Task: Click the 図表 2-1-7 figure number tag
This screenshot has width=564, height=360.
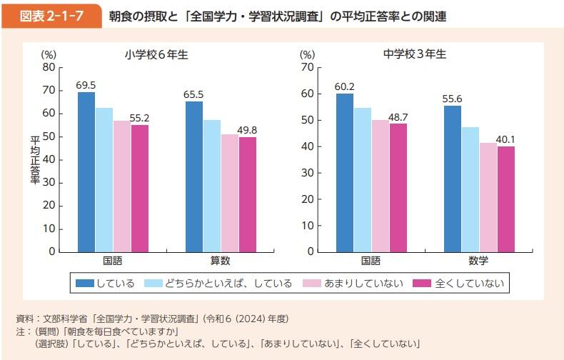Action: (52, 16)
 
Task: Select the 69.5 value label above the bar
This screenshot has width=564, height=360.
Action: (86, 85)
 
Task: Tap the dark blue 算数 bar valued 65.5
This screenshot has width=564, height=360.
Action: (193, 176)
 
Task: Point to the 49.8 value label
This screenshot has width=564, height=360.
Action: (247, 129)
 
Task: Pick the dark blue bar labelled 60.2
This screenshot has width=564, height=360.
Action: (345, 172)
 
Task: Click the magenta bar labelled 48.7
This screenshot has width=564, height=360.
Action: (398, 187)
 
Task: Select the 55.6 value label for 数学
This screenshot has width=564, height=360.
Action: (453, 99)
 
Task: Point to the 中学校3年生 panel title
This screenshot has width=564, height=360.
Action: (414, 54)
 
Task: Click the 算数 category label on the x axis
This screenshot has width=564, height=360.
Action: (220, 261)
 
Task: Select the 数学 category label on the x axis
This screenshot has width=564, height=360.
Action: (478, 261)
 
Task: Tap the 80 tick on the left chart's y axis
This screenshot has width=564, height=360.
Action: (49, 67)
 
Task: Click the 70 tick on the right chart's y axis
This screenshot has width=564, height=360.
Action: (307, 67)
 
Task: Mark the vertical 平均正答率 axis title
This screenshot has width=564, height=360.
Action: (35, 159)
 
